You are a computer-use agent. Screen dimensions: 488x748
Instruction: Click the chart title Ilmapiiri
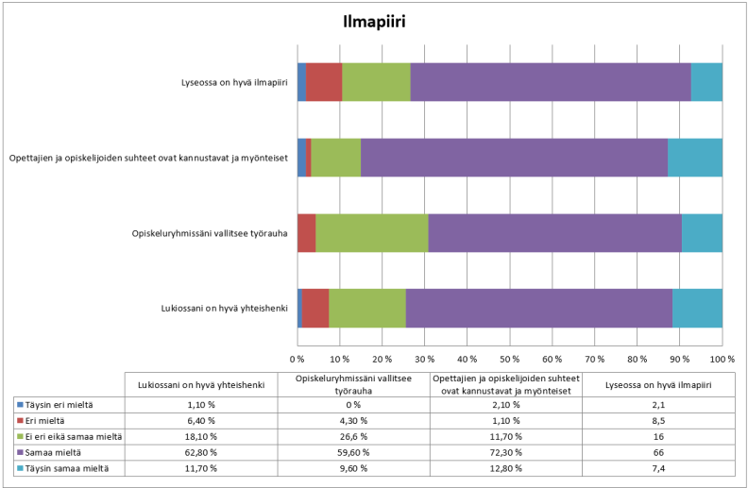click(373, 22)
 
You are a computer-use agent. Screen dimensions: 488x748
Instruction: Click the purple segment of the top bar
click(550, 82)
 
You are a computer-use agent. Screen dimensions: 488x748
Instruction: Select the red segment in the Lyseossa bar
click(324, 82)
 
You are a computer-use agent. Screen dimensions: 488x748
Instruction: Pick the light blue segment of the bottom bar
click(697, 309)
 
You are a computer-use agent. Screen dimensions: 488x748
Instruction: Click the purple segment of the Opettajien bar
click(514, 158)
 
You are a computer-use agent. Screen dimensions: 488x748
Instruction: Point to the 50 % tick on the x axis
click(509, 360)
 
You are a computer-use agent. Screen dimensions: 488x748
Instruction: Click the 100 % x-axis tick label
click(722, 360)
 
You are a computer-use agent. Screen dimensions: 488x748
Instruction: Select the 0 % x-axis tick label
click(297, 360)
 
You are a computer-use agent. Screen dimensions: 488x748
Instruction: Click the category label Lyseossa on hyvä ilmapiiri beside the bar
click(234, 82)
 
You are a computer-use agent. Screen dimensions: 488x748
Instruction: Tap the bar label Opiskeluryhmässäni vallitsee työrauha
click(209, 233)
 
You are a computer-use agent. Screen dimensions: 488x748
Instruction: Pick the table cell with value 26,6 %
click(355, 436)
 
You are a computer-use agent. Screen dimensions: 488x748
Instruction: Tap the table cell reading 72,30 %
click(506, 452)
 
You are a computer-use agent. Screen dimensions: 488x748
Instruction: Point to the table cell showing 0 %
click(355, 404)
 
